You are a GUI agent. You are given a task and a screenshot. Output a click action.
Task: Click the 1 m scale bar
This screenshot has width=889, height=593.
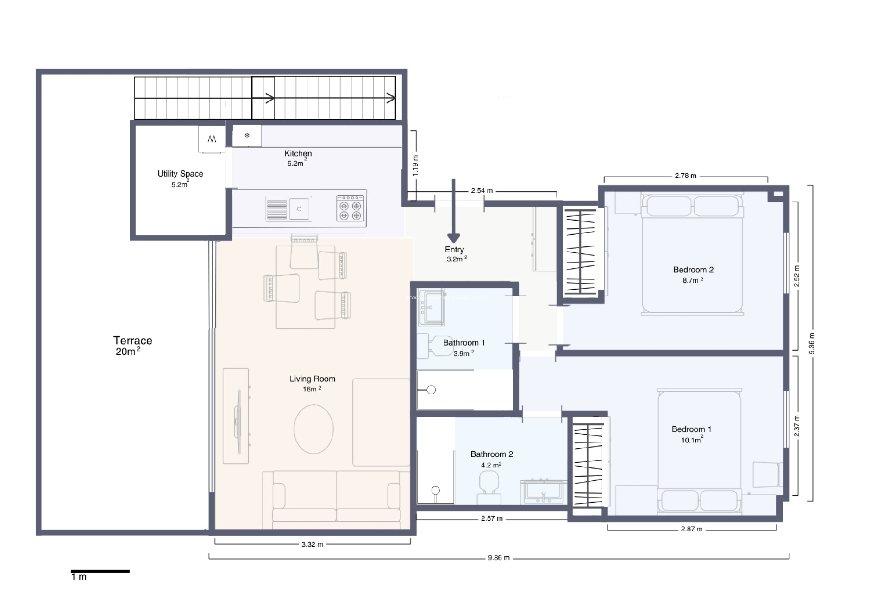(100, 571)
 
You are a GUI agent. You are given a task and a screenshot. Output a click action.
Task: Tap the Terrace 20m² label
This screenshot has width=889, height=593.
(132, 346)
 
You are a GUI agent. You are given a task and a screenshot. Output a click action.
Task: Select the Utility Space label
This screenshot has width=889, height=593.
(180, 174)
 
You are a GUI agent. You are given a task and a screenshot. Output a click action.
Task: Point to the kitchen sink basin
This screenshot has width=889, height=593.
(299, 209)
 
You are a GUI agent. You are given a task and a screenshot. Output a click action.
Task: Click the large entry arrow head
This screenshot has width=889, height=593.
(454, 238)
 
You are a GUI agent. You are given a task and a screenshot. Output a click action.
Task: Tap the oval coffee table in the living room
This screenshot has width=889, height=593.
(313, 429)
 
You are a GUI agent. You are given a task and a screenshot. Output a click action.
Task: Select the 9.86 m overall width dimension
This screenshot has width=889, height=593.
(499, 558)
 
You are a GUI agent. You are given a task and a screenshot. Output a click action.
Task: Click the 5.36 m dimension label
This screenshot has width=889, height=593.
(811, 343)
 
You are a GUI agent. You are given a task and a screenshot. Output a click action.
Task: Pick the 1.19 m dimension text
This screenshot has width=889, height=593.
(415, 165)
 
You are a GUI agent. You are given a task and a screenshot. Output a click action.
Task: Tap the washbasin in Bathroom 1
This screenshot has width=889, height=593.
(431, 308)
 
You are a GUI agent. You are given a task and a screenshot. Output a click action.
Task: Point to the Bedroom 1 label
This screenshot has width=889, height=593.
(691, 429)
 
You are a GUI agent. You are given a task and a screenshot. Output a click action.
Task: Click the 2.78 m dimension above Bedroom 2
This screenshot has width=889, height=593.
(685, 176)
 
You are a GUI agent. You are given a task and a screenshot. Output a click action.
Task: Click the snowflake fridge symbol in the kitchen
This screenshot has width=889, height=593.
(247, 136)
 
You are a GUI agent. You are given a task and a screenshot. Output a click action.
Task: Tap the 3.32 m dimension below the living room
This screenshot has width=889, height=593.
(312, 544)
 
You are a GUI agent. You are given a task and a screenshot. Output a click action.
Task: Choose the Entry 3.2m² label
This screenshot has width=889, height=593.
(455, 254)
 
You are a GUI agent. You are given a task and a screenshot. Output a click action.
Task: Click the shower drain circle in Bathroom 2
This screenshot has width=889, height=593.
(435, 490)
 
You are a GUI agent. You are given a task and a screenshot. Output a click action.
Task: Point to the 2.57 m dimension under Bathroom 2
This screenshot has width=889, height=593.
(491, 518)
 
